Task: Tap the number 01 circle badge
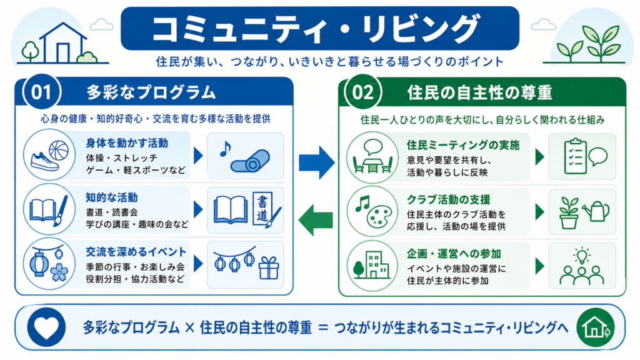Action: click(41, 92)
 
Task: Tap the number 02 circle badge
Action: click(362, 92)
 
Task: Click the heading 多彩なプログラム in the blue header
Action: click(151, 92)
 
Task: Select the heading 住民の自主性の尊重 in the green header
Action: click(479, 92)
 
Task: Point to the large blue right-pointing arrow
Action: click(316, 162)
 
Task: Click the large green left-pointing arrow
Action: click(316, 219)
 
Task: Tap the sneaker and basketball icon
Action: click(49, 155)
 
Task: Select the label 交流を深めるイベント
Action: click(136, 252)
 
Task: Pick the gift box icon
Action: click(269, 267)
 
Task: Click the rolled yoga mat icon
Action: click(250, 162)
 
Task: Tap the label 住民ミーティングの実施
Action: click(463, 145)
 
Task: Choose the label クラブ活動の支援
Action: click(448, 199)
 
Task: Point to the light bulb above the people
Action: click(582, 256)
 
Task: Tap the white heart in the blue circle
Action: click(46, 327)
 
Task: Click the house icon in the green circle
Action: click(596, 327)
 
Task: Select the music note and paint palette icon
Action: click(372, 211)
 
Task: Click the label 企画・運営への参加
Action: click(454, 254)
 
